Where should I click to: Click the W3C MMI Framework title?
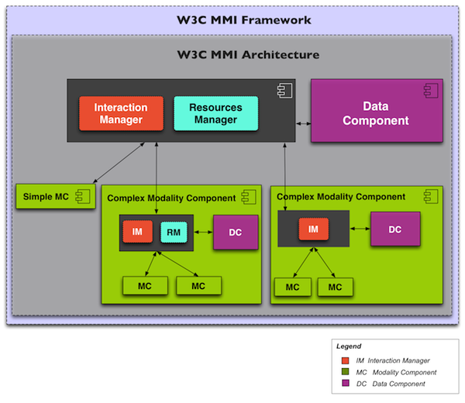pyautogui.click(x=233, y=19)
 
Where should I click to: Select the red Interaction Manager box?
pyautogui.click(x=121, y=114)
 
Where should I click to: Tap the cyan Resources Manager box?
pyautogui.click(x=216, y=114)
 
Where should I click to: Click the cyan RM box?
pyautogui.click(x=174, y=232)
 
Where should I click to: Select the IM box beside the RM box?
pyautogui.click(x=136, y=232)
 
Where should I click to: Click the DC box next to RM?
pyautogui.click(x=236, y=232)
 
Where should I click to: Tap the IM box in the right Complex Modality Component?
pyautogui.click(x=314, y=229)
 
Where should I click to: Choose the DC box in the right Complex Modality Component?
pyautogui.click(x=395, y=229)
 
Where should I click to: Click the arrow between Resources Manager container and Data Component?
pyautogui.click(x=303, y=123)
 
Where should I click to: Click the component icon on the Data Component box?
pyautogui.click(x=429, y=91)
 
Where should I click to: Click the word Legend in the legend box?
pyautogui.click(x=349, y=346)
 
